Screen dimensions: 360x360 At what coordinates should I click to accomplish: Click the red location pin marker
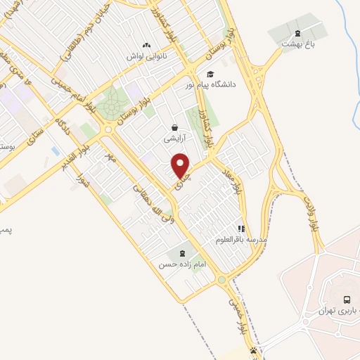[181, 165]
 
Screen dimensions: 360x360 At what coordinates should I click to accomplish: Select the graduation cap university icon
[210, 74]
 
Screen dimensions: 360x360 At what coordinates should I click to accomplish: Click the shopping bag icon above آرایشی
[174, 128]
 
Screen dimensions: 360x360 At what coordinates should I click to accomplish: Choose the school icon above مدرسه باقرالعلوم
[240, 229]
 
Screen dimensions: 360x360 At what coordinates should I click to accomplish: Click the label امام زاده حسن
[174, 264]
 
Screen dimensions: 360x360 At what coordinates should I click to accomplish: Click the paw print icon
[253, 351]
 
